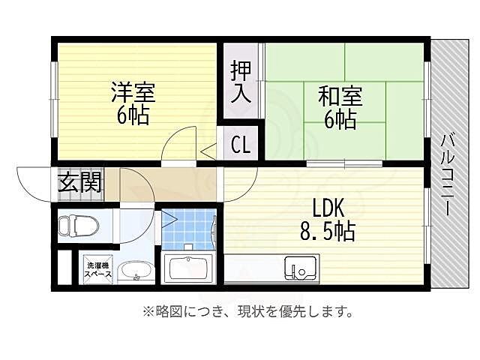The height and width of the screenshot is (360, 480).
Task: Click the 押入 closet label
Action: point(241,82)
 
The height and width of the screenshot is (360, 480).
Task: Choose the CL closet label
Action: point(240,143)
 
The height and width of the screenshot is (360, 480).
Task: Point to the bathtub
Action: point(189,268)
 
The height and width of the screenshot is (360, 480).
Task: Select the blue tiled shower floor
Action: point(187,229)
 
